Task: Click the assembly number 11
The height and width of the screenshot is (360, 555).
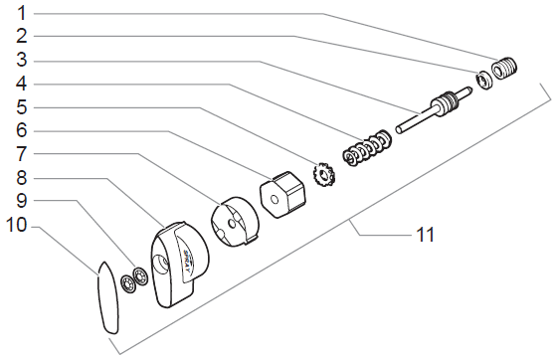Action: tap(425, 235)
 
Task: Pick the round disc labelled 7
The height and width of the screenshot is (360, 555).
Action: tap(235, 223)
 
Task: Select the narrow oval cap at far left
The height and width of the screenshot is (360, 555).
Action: tap(107, 295)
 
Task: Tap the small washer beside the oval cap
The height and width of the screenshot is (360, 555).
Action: tap(128, 283)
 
